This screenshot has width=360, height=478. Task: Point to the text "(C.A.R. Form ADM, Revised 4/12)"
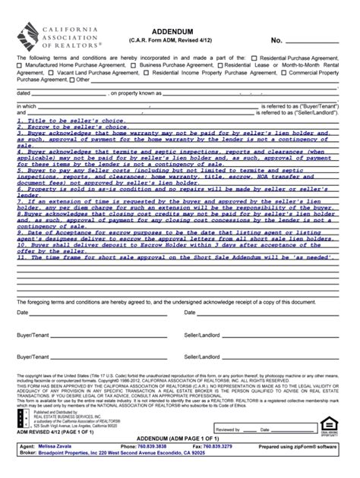[x=179, y=40]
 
